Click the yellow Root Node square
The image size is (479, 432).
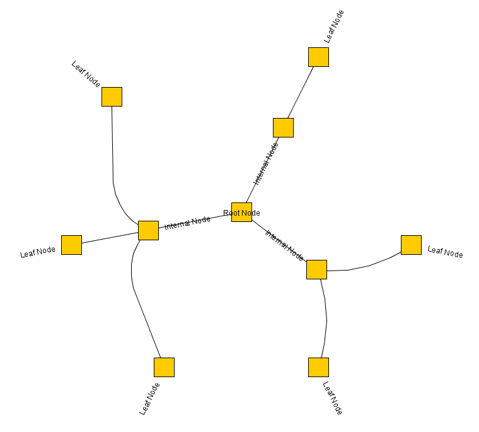pos(241,212)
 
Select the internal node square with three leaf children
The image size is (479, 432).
pos(149,231)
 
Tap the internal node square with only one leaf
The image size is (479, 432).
pos(283,128)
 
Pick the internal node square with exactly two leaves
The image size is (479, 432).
pos(317,270)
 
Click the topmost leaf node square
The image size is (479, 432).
pos(319,57)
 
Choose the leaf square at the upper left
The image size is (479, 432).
pos(112,97)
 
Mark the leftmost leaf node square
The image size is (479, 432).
pos(71,245)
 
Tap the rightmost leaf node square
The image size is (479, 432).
pos(411,245)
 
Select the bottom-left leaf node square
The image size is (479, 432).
pos(164,367)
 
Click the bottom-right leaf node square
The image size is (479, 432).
pos(319,367)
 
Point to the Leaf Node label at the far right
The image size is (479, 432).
pos(445,252)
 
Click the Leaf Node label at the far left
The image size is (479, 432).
pos(38,252)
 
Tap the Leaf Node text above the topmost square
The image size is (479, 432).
pos(334,26)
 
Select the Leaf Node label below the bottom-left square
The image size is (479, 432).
pos(149,399)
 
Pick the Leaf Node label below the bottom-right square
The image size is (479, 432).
pos(332,398)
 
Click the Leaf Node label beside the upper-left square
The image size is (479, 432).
pos(86,74)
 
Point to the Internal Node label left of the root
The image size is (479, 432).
pos(187,223)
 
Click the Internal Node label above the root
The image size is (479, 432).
pos(266,164)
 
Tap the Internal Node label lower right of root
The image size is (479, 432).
pos(284,245)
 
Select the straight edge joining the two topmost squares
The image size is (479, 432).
pos(301,92)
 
